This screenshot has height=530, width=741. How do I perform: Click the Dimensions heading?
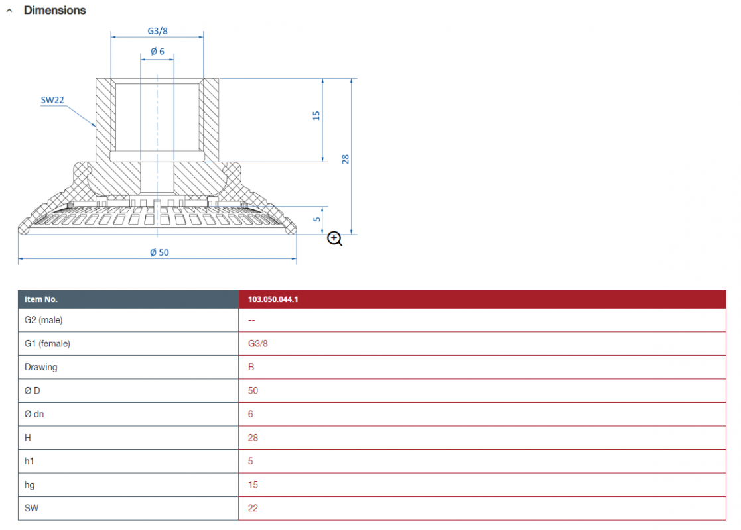pyautogui.click(x=55, y=11)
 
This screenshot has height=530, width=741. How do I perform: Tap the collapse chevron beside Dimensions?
pyautogui.click(x=9, y=11)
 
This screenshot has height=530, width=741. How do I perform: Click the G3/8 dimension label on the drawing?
pyautogui.click(x=157, y=31)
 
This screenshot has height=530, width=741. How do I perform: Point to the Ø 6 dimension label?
pyautogui.click(x=157, y=52)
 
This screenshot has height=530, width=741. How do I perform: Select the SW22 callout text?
pyautogui.click(x=52, y=100)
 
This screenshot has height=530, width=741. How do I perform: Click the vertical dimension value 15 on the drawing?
pyautogui.click(x=316, y=116)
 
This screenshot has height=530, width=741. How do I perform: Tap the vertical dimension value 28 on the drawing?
pyautogui.click(x=346, y=159)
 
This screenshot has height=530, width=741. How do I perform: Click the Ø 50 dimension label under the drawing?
pyautogui.click(x=159, y=252)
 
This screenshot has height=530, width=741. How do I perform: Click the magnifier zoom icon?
pyautogui.click(x=334, y=238)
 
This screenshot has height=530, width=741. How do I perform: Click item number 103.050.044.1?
pyautogui.click(x=273, y=299)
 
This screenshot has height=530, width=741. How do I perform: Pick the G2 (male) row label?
pyautogui.click(x=44, y=320)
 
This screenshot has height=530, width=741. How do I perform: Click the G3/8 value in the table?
pyautogui.click(x=257, y=344)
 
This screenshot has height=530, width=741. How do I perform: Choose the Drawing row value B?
pyautogui.click(x=251, y=367)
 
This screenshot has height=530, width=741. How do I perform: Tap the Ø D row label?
pyautogui.click(x=32, y=391)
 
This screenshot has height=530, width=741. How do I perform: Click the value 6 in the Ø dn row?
pyautogui.click(x=251, y=414)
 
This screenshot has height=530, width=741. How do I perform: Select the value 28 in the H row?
pyautogui.click(x=253, y=438)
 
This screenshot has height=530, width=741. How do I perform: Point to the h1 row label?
pyautogui.click(x=29, y=461)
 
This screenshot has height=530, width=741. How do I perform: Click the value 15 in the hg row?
pyautogui.click(x=253, y=485)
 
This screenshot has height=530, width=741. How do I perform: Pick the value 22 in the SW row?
pyautogui.click(x=253, y=508)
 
